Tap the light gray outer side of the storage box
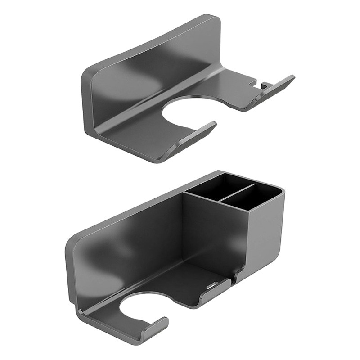click(x=270, y=225)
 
